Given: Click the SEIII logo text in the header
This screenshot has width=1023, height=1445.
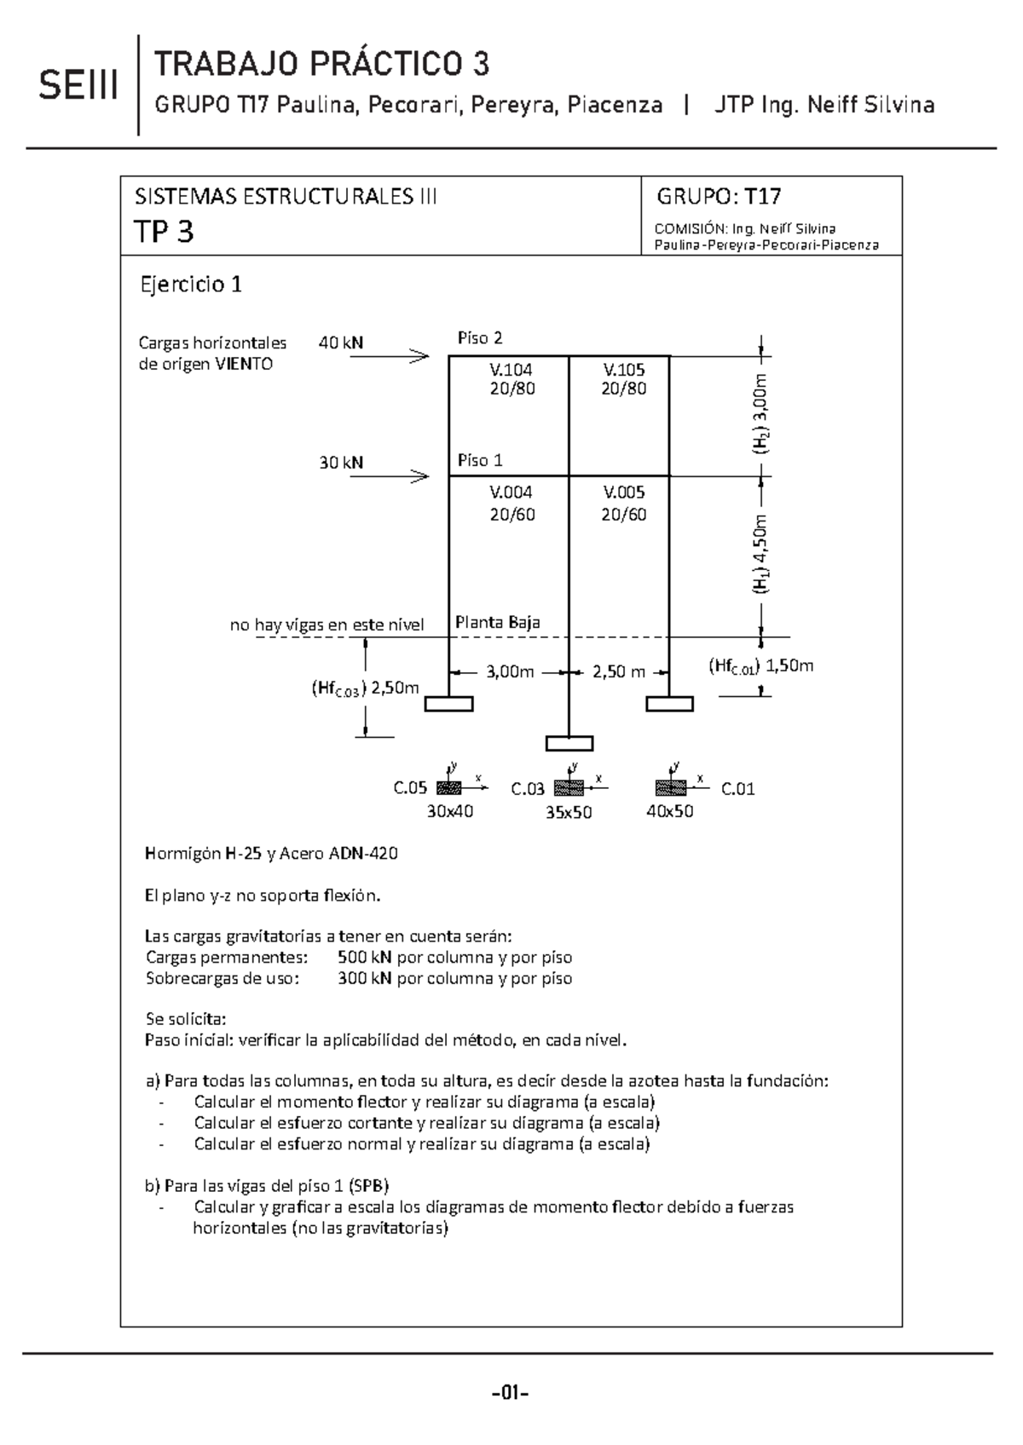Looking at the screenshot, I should click(x=78, y=87).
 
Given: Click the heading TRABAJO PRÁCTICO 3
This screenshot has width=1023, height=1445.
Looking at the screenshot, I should click(x=321, y=64).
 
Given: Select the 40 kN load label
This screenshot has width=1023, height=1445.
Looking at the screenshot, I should click(x=340, y=343).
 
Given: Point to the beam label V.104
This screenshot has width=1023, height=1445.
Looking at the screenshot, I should click(x=511, y=370).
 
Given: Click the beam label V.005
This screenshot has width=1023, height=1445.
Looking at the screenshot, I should click(x=624, y=492).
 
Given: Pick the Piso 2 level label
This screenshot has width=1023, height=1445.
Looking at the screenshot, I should click(x=480, y=338).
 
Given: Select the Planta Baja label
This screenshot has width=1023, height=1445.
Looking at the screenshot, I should click(x=497, y=622).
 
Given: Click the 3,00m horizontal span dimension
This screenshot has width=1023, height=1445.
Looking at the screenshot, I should click(x=510, y=672).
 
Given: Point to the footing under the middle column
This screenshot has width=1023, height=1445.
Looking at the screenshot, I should click(x=569, y=743).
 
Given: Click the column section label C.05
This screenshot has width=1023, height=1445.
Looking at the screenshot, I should click(x=409, y=789).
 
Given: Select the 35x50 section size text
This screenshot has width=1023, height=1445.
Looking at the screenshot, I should click(x=569, y=813).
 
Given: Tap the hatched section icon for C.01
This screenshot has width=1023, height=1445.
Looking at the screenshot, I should click(x=671, y=787).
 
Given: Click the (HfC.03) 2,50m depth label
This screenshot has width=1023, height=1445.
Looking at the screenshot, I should click(x=365, y=688).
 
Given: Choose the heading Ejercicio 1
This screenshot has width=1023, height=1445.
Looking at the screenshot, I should click(x=191, y=285).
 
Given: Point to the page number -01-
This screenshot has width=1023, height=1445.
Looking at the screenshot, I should click(x=511, y=1394).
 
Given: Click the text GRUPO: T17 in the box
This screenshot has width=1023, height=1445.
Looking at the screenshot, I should click(x=719, y=197).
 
